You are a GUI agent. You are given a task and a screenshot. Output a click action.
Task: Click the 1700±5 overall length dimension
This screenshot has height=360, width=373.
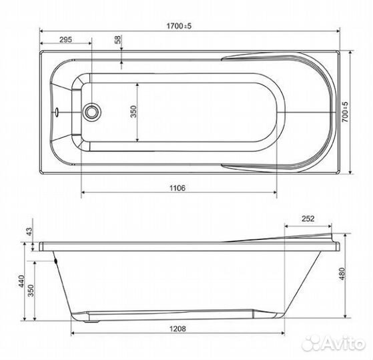pos(179,26)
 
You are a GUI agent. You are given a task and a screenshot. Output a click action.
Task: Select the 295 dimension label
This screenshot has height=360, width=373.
pos(65,39)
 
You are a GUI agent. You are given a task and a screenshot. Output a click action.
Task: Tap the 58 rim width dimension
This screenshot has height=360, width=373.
pos(118,39)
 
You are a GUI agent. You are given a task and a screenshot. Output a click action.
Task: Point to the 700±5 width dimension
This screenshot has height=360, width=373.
pos(345,112)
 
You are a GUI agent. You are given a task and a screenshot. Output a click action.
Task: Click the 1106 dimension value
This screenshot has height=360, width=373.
pos(177,188)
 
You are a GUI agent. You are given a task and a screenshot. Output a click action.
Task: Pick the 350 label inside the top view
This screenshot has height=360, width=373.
pos(133,111)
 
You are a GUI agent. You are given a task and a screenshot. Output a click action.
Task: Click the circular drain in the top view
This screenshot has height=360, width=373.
pos(91,112)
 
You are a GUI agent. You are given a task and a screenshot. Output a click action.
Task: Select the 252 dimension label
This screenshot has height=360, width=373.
pos(308,219)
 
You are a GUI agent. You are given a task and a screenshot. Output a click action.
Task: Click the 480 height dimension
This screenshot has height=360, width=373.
pos(342,274)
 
